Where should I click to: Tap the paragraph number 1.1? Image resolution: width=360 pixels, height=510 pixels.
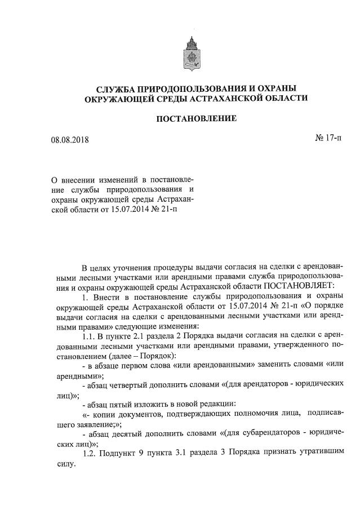click(89, 337)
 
